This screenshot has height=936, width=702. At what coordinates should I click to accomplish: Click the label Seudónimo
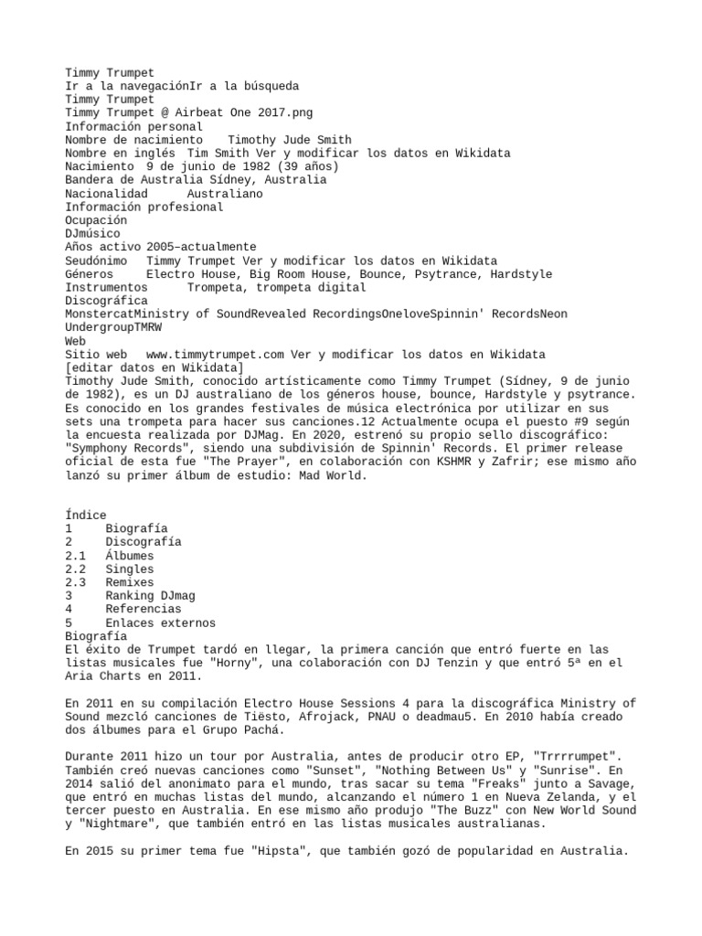pyautogui.click(x=96, y=261)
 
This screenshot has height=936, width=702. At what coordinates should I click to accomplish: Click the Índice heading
pyautogui.click(x=86, y=516)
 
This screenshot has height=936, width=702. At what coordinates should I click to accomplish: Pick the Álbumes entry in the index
pyautogui.click(x=129, y=556)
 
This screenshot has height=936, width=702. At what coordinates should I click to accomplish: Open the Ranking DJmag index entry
pyautogui.click(x=149, y=596)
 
